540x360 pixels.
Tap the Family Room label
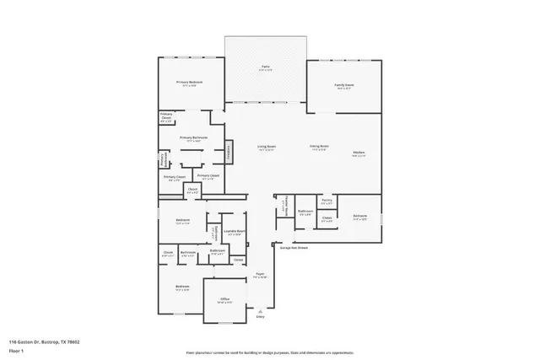click(344, 85)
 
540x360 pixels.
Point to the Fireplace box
click(229, 153)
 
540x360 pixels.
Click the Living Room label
click(267, 147)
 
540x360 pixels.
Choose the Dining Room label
click(319, 147)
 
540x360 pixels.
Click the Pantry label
click(327, 201)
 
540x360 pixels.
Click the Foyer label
click(262, 275)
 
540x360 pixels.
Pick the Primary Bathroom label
click(194, 138)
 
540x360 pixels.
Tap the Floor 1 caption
click(16, 350)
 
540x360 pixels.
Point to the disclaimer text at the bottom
click(270, 352)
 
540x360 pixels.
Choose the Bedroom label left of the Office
click(181, 287)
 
